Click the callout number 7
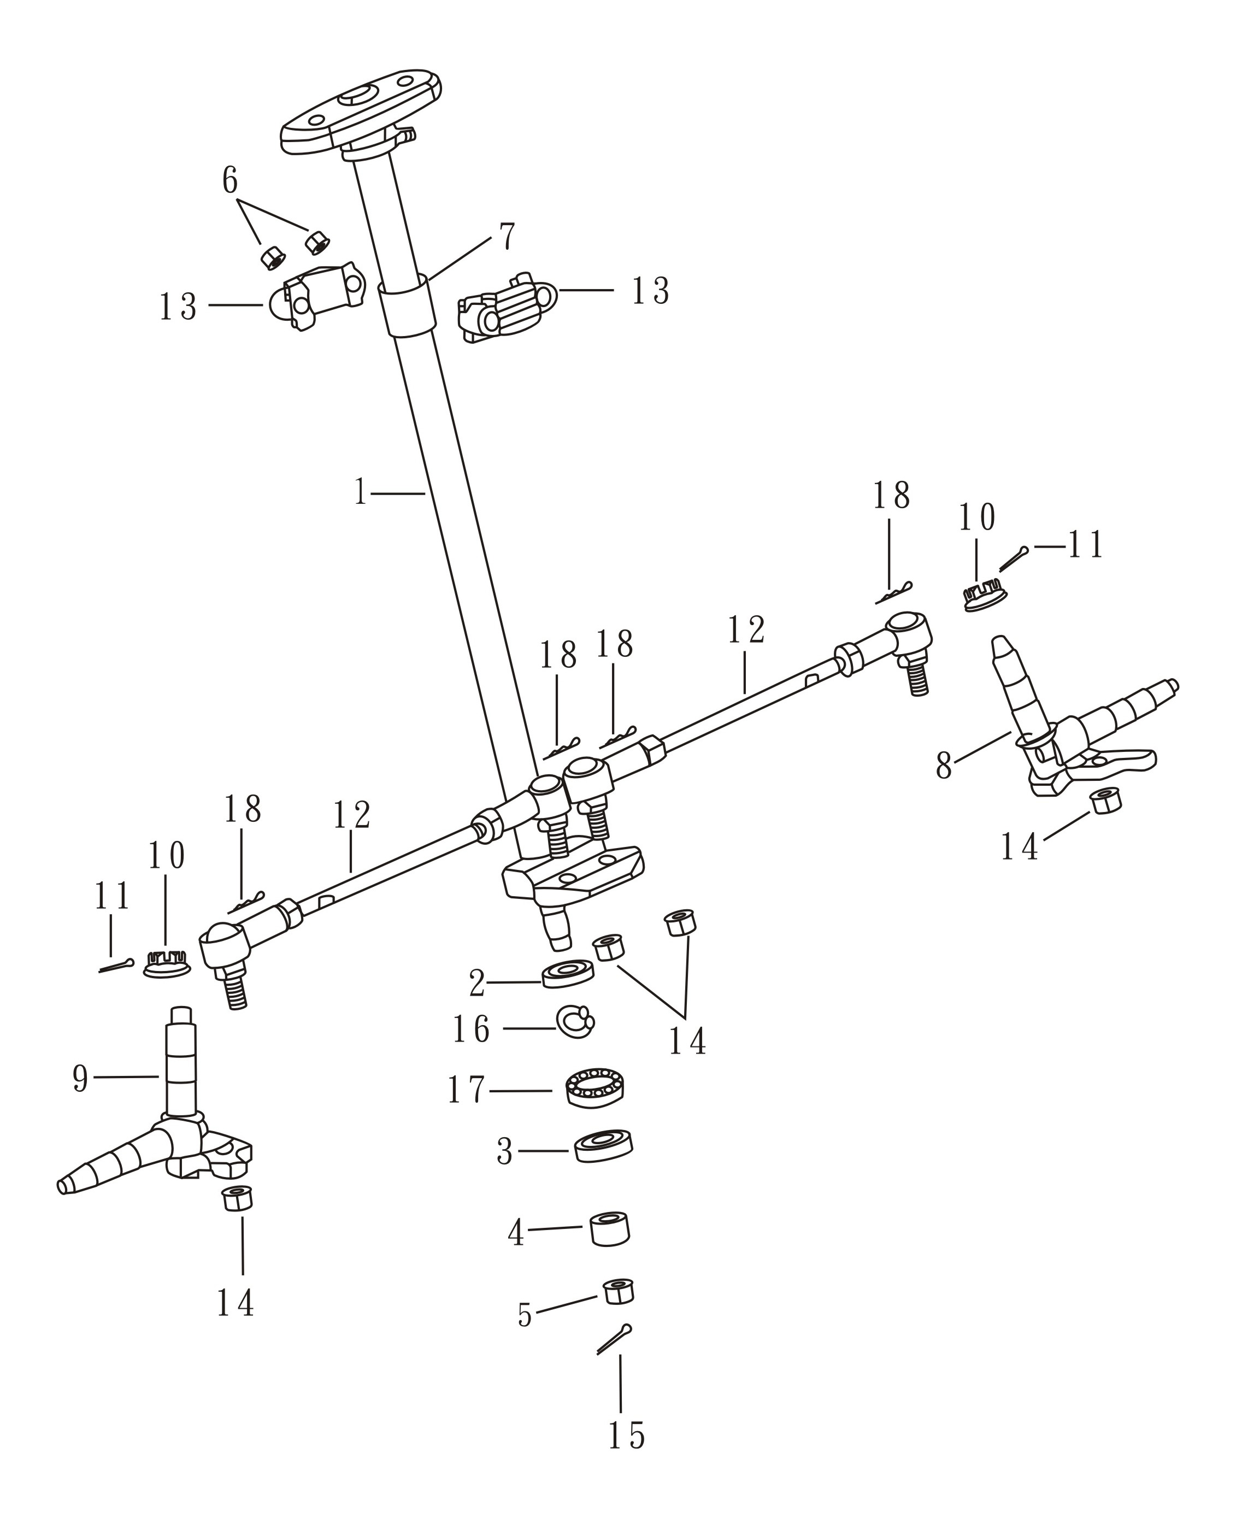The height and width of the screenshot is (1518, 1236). tap(507, 237)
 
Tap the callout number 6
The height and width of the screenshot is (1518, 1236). tap(229, 180)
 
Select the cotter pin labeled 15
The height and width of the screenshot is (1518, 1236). tap(614, 1339)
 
